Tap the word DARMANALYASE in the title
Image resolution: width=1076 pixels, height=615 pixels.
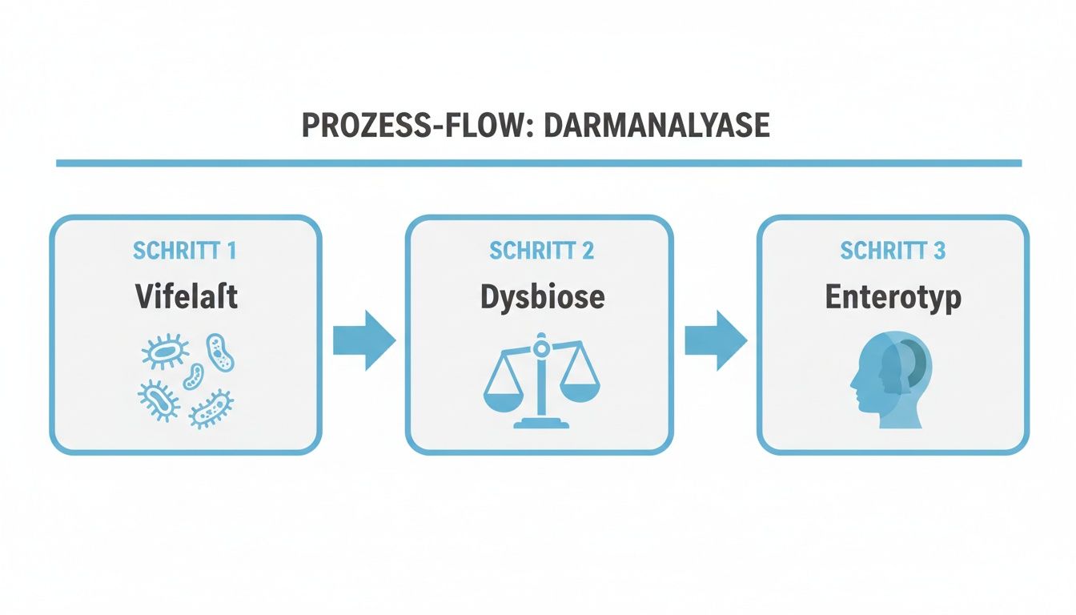(x=656, y=127)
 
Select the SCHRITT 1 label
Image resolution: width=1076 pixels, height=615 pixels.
(x=184, y=250)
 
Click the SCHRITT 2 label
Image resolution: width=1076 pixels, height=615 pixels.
(x=541, y=250)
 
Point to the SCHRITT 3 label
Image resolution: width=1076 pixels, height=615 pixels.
(x=893, y=250)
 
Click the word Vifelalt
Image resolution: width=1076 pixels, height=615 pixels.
(x=186, y=297)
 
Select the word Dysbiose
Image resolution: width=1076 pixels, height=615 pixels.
(x=542, y=297)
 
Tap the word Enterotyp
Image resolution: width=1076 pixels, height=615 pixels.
(x=893, y=297)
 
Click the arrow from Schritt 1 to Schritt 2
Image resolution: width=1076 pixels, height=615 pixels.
(x=364, y=340)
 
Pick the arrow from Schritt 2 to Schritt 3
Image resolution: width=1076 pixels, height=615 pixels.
(x=716, y=340)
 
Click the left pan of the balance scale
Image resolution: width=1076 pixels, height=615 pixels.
(x=503, y=392)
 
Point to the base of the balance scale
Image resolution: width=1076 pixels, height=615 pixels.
(x=542, y=421)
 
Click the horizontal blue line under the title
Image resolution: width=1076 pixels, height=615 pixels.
(x=538, y=163)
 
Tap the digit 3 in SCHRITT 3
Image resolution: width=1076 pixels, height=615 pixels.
(x=939, y=250)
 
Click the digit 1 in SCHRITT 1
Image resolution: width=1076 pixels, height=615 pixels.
(x=231, y=250)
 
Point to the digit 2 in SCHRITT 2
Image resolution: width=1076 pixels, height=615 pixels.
(x=588, y=250)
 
